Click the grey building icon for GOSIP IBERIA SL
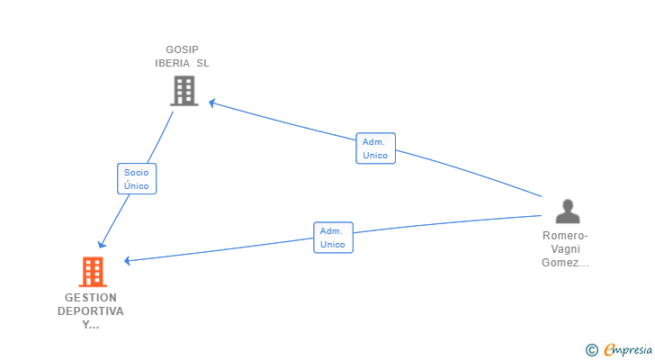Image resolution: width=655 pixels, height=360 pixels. [184, 91]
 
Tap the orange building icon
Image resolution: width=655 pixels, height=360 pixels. [93, 272]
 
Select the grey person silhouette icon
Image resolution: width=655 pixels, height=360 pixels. [568, 211]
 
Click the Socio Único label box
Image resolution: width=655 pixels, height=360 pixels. [137, 179]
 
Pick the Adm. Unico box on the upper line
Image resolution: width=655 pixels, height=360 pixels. [375, 148]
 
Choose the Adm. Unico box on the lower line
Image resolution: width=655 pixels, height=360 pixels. [333, 238]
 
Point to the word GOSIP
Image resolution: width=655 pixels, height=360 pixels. [182, 49]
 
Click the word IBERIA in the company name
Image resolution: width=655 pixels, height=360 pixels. [173, 63]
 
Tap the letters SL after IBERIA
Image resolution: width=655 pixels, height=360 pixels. [203, 63]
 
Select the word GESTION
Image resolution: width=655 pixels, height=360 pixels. [91, 298]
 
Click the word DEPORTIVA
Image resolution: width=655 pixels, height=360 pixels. [91, 311]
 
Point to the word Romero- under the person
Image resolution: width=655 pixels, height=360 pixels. [565, 236]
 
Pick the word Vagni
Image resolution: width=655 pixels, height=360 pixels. [566, 249]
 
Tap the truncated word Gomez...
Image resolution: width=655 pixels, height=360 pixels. [565, 263]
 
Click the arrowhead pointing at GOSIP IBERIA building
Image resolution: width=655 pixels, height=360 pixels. [212, 103]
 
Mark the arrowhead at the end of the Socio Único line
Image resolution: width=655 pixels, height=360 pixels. [102, 244]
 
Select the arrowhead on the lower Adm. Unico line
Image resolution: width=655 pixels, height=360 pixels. [128, 261]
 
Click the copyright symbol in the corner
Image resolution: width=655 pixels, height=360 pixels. [591, 350]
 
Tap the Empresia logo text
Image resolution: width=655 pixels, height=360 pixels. [628, 350]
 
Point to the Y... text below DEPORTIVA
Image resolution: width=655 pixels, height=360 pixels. [91, 325]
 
